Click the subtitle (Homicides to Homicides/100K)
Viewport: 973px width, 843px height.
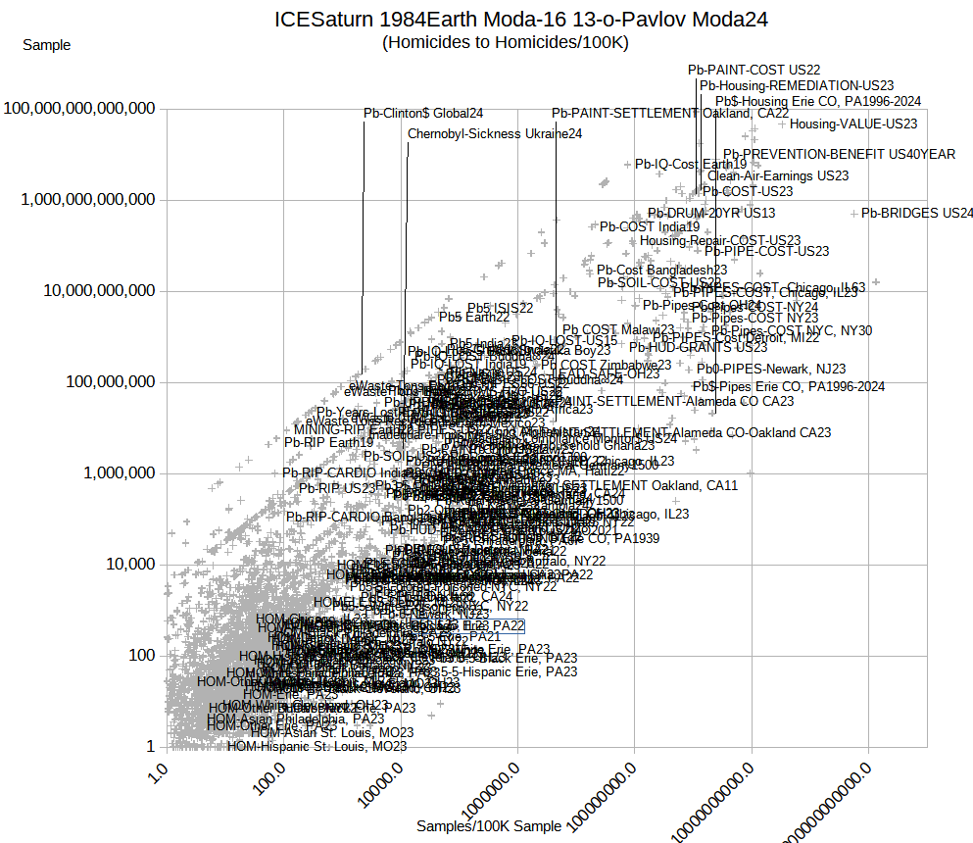[x=505, y=42]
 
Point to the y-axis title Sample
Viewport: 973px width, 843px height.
[x=46, y=44]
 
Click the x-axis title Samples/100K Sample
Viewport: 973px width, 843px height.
[x=489, y=826]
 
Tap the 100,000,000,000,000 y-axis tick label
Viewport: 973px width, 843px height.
[x=80, y=109]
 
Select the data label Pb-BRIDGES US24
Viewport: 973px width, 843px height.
[x=917, y=213]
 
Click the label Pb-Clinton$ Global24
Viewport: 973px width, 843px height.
[x=422, y=114]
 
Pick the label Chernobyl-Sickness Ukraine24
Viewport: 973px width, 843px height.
[x=495, y=134]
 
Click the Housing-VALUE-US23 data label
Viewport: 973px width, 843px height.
[x=853, y=124]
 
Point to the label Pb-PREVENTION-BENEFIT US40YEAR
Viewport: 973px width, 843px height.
[x=839, y=154]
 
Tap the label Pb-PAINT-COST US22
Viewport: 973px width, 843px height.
[x=754, y=70]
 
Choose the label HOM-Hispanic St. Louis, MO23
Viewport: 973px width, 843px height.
[x=316, y=746]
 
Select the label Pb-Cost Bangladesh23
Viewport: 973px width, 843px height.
[x=661, y=270]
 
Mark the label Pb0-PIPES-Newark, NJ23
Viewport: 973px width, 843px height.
[x=770, y=369]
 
